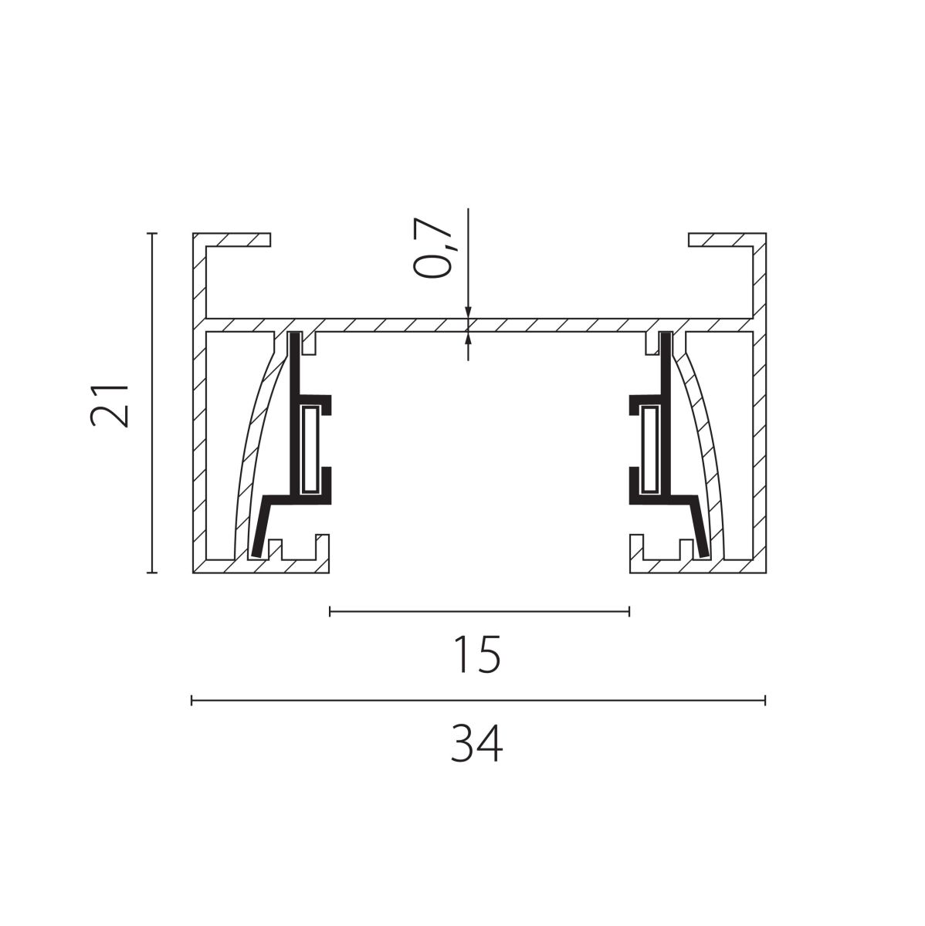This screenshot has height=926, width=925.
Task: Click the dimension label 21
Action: click(109, 405)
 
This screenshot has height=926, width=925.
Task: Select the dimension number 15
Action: click(477, 654)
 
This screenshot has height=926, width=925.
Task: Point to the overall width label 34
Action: click(477, 745)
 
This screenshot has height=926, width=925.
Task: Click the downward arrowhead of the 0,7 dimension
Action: click(468, 312)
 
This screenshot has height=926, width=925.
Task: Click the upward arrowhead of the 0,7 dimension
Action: click(468, 338)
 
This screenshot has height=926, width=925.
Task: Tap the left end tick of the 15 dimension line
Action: click(330, 611)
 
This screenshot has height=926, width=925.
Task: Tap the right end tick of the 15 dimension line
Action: click(629, 611)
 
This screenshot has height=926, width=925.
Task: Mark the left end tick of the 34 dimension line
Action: click(192, 700)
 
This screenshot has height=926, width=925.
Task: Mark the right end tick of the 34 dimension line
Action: click(765, 700)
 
